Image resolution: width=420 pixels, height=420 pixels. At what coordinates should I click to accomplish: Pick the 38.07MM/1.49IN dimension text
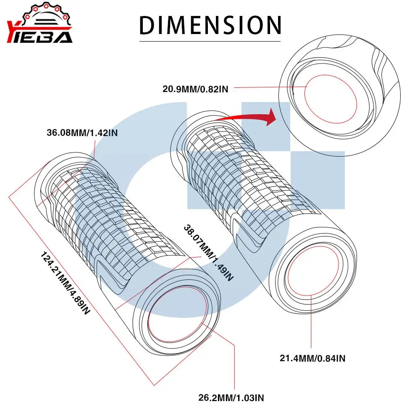click(207, 252)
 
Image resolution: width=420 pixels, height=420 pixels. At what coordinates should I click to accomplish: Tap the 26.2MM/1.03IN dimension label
click(231, 397)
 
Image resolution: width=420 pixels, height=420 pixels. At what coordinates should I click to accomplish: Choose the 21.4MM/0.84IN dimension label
click(312, 358)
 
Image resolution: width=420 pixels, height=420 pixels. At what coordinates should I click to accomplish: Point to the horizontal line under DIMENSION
click(210, 41)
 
